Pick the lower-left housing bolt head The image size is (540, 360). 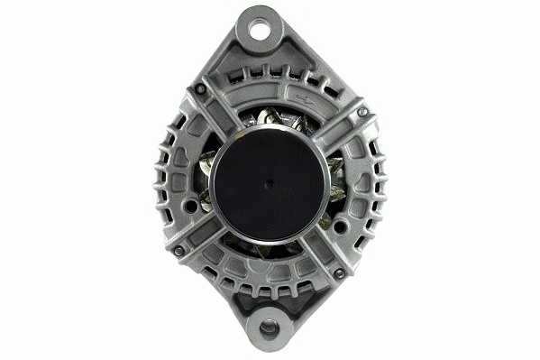pyautogui.click(x=178, y=250)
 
